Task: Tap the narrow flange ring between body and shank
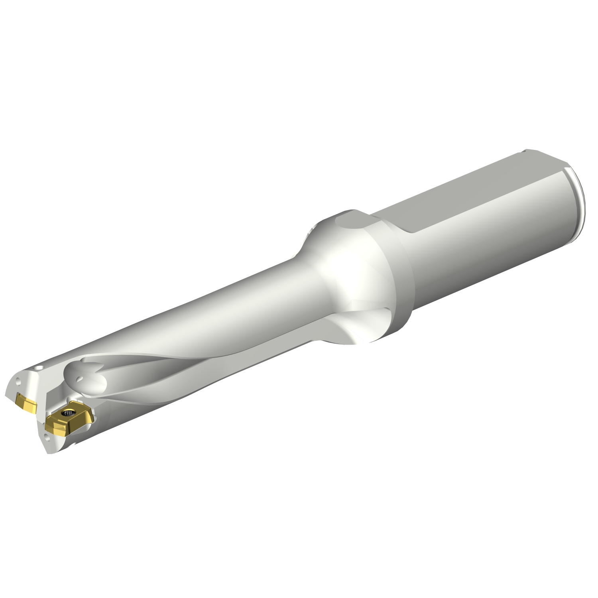[x=395, y=279]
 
